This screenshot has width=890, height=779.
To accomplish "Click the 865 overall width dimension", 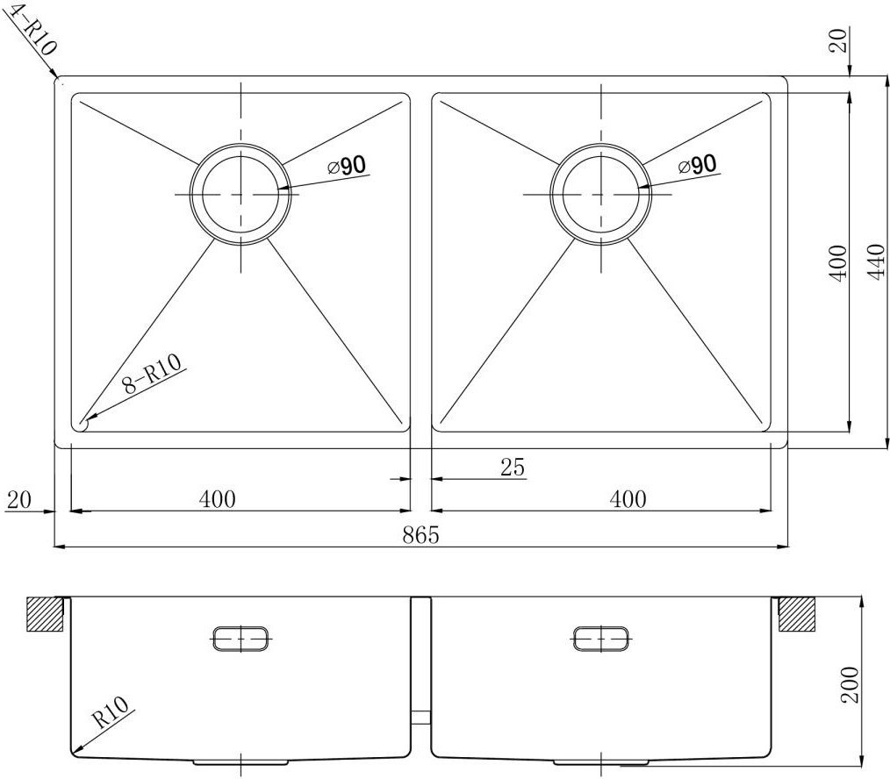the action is point(421,534).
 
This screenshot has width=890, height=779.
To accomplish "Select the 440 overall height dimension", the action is point(876,261).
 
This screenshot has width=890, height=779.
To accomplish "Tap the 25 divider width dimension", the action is point(513,467).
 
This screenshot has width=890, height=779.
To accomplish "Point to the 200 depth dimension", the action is point(850,685).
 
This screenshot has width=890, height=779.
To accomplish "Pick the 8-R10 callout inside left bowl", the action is point(152,375).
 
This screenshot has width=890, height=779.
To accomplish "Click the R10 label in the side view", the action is point(110,712).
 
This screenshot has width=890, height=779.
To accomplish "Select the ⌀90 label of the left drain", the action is point(347,166).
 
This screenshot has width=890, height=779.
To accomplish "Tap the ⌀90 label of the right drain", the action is point(697,165).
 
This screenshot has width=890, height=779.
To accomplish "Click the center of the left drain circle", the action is point(240,194).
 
